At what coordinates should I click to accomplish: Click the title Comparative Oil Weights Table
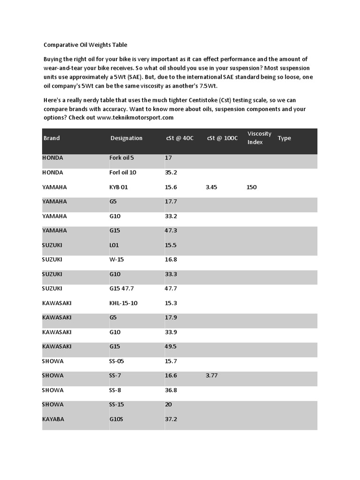click(x=85, y=45)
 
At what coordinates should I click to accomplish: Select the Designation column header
click(x=126, y=138)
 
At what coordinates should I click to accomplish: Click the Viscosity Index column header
click(x=259, y=138)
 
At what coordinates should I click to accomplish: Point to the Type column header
click(x=284, y=138)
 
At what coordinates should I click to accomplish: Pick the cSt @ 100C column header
click(x=222, y=138)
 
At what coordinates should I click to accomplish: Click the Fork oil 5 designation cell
click(x=121, y=158)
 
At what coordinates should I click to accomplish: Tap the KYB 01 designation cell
click(x=119, y=187)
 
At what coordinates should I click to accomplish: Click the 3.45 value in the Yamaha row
click(x=211, y=187)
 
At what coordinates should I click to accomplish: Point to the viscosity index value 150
click(x=252, y=187)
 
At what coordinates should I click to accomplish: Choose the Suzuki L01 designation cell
click(x=114, y=245)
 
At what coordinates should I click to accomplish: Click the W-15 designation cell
click(x=116, y=260)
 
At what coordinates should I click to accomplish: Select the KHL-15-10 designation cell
click(x=123, y=303)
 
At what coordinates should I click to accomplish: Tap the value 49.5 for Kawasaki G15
click(x=171, y=347)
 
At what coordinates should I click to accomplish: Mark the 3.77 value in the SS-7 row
click(x=211, y=375)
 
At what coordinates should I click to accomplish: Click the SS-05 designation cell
click(x=117, y=361)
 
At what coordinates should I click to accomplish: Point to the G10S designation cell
click(x=116, y=419)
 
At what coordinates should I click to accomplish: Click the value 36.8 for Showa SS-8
click(x=171, y=390)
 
